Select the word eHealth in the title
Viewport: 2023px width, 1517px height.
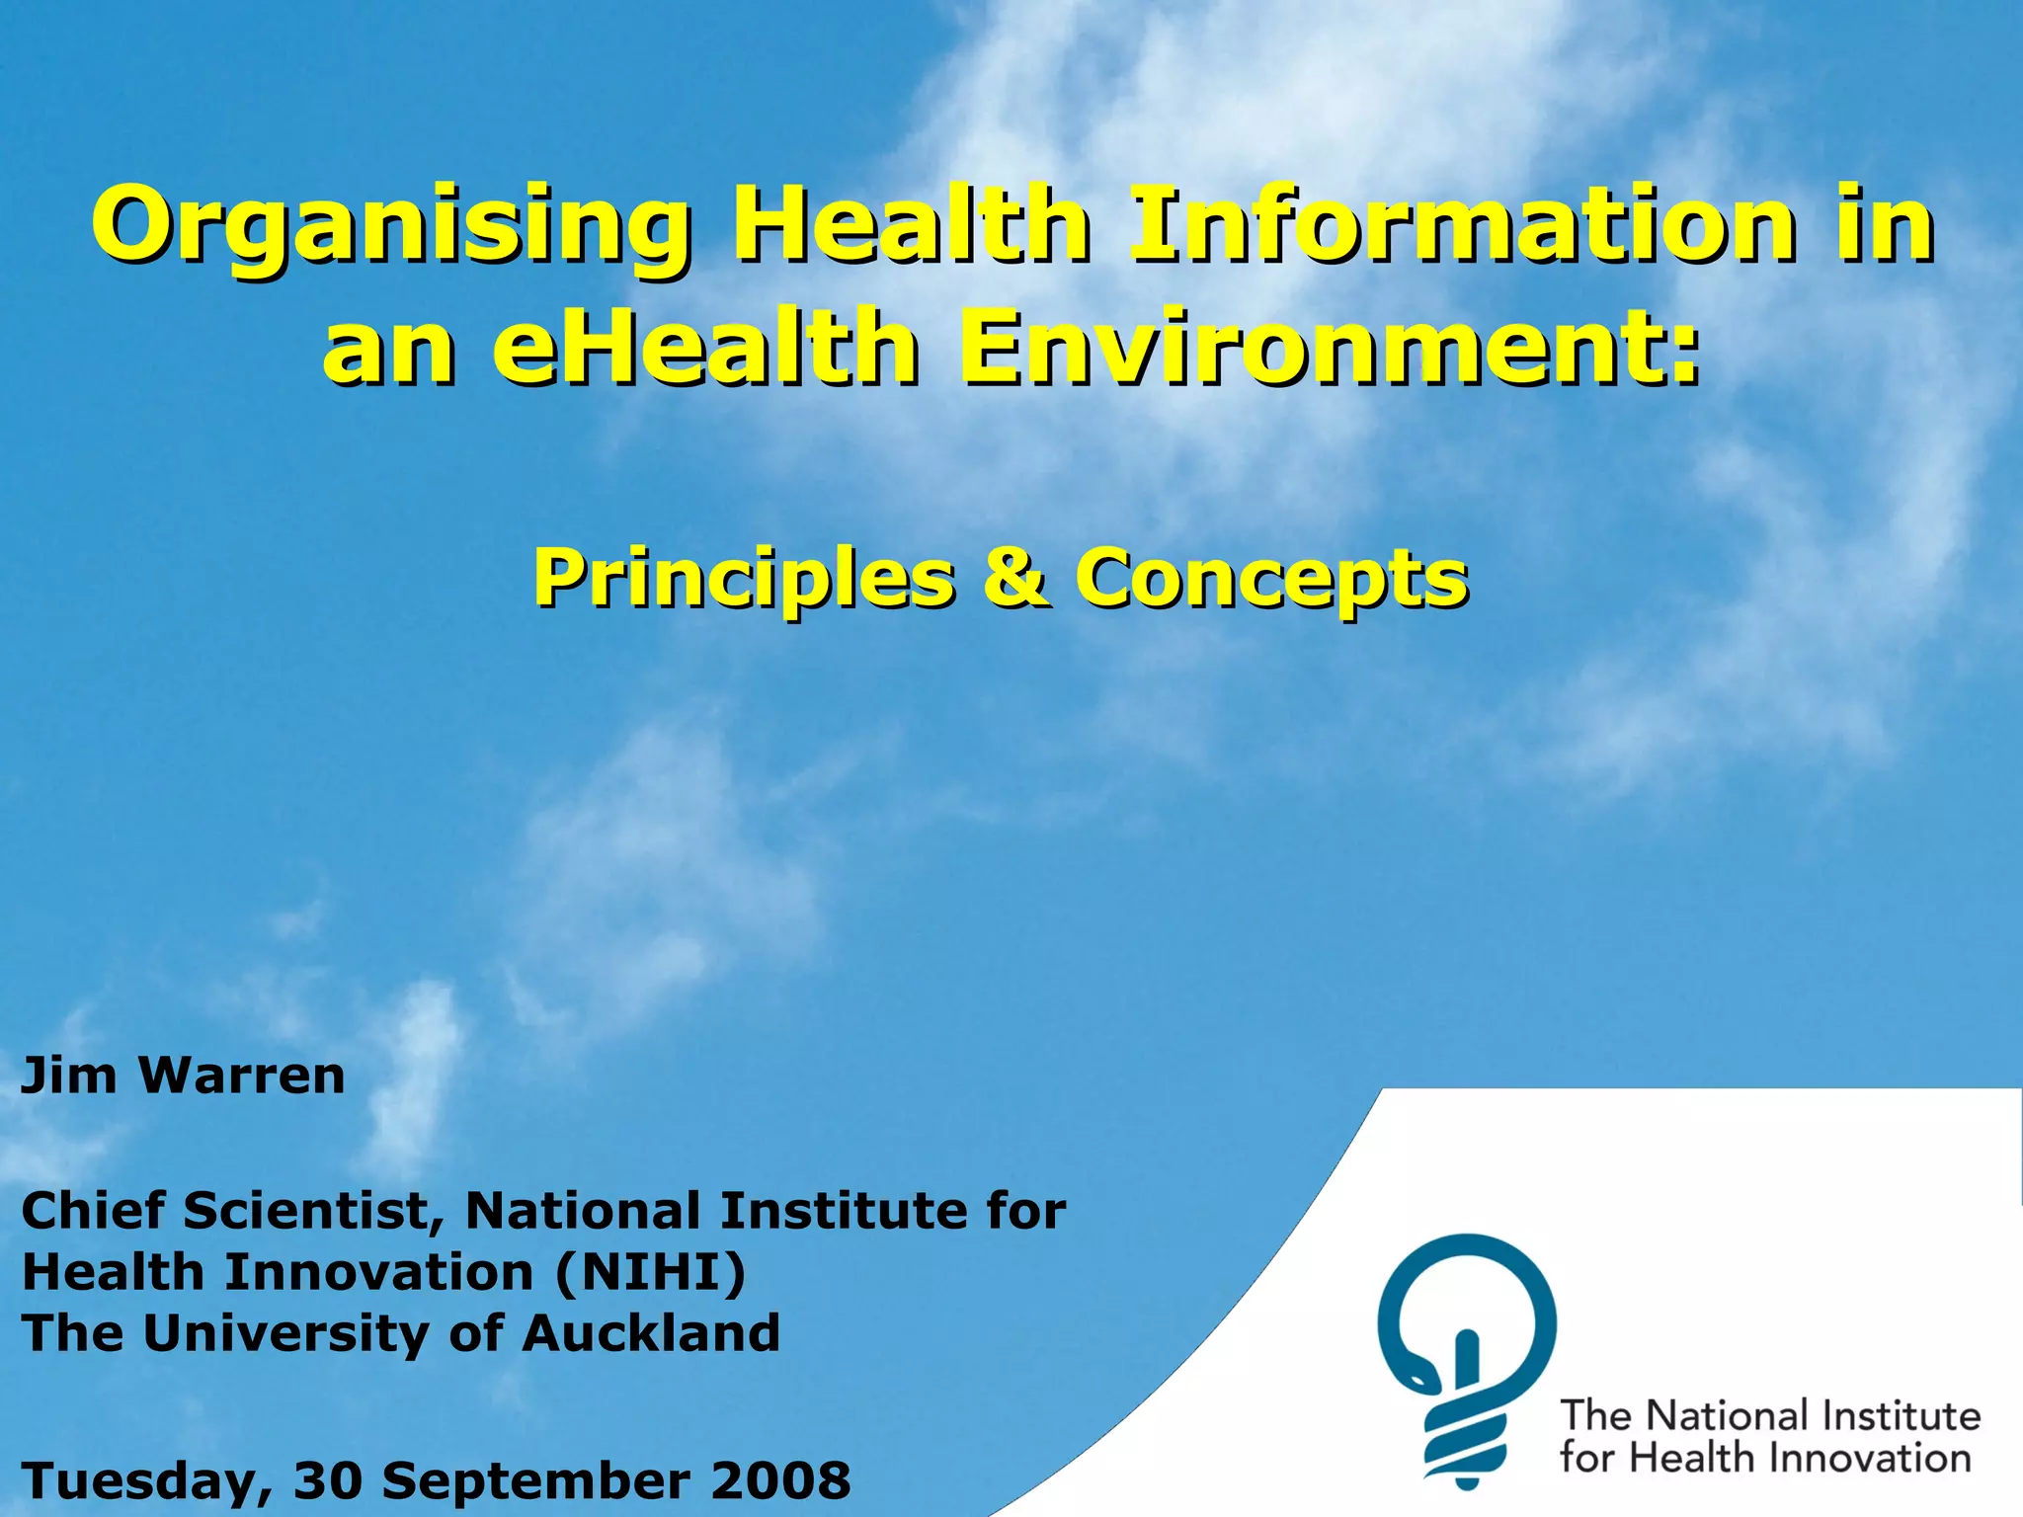(705, 347)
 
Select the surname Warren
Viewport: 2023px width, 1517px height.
(242, 1076)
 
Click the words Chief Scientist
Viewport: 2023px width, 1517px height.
(233, 1211)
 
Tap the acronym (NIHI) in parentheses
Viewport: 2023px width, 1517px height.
(650, 1272)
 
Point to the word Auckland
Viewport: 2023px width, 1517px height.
(651, 1333)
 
